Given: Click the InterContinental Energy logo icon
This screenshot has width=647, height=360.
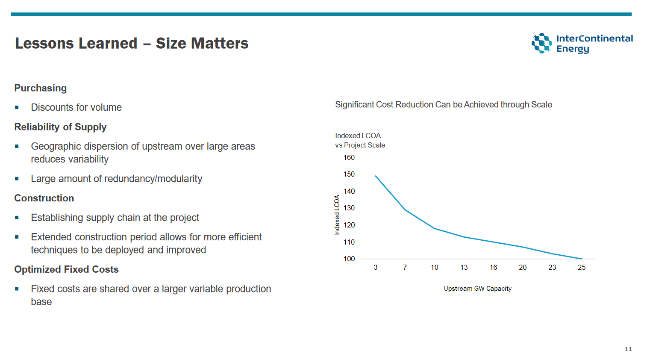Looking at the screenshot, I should pos(542,43).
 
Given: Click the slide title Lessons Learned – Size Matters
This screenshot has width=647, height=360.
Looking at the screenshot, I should pos(132,43).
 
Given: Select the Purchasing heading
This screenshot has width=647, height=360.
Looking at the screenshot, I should pos(41,88).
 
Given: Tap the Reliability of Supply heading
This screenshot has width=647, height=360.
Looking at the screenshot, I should pos(60,127).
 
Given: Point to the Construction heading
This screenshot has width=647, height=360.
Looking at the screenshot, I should pos(44,198).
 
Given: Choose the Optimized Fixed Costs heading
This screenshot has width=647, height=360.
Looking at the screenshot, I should pos(66,269).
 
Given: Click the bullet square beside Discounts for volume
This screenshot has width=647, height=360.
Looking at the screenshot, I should pos(17,107).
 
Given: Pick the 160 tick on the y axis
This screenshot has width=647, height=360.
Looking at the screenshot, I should pos(349,157).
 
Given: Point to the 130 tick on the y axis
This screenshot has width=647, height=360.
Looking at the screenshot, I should pos(349,208).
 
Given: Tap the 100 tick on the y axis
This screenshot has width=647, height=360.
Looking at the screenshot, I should pos(349,259).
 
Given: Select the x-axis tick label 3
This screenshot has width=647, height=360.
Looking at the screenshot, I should pos(376,267).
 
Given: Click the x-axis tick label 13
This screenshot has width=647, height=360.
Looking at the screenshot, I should pos(464,267).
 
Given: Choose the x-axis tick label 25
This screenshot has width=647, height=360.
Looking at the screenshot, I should pos(582,267).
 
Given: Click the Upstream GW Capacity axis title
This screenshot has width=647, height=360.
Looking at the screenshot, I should pos(477,289).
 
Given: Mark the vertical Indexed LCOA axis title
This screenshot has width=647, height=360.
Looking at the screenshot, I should pos(337,215).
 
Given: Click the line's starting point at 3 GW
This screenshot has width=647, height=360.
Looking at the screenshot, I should pos(376,176).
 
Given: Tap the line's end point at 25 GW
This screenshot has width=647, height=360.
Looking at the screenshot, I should pos(582,259).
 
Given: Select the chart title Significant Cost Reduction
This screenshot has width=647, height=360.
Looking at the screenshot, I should pos(443,105).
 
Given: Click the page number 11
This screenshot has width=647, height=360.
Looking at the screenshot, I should pos(628,349).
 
